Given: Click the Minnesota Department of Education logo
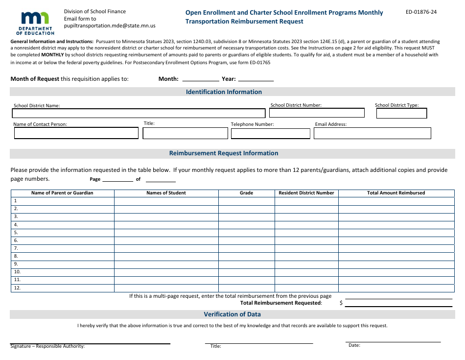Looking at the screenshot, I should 35,23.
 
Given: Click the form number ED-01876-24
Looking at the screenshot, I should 421,12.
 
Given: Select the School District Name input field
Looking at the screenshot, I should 139,113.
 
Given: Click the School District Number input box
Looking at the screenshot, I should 317,113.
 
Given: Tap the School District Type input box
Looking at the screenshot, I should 401,113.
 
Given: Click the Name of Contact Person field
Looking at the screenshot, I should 76,133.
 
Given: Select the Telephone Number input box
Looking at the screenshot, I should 270,133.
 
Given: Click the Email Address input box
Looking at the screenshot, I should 372,133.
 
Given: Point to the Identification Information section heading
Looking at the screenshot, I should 224,92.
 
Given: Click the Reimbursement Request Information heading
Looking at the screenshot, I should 224,153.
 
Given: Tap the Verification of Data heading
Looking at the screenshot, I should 232,314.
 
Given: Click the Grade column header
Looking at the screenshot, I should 246,193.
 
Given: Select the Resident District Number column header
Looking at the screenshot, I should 306,193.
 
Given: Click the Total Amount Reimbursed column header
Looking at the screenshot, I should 396,193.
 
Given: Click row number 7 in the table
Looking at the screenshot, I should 16,248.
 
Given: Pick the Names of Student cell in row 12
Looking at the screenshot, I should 166,288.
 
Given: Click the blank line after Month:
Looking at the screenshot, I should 200,79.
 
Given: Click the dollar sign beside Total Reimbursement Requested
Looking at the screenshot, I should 341,303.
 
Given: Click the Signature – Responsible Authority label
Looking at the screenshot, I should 47,346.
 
